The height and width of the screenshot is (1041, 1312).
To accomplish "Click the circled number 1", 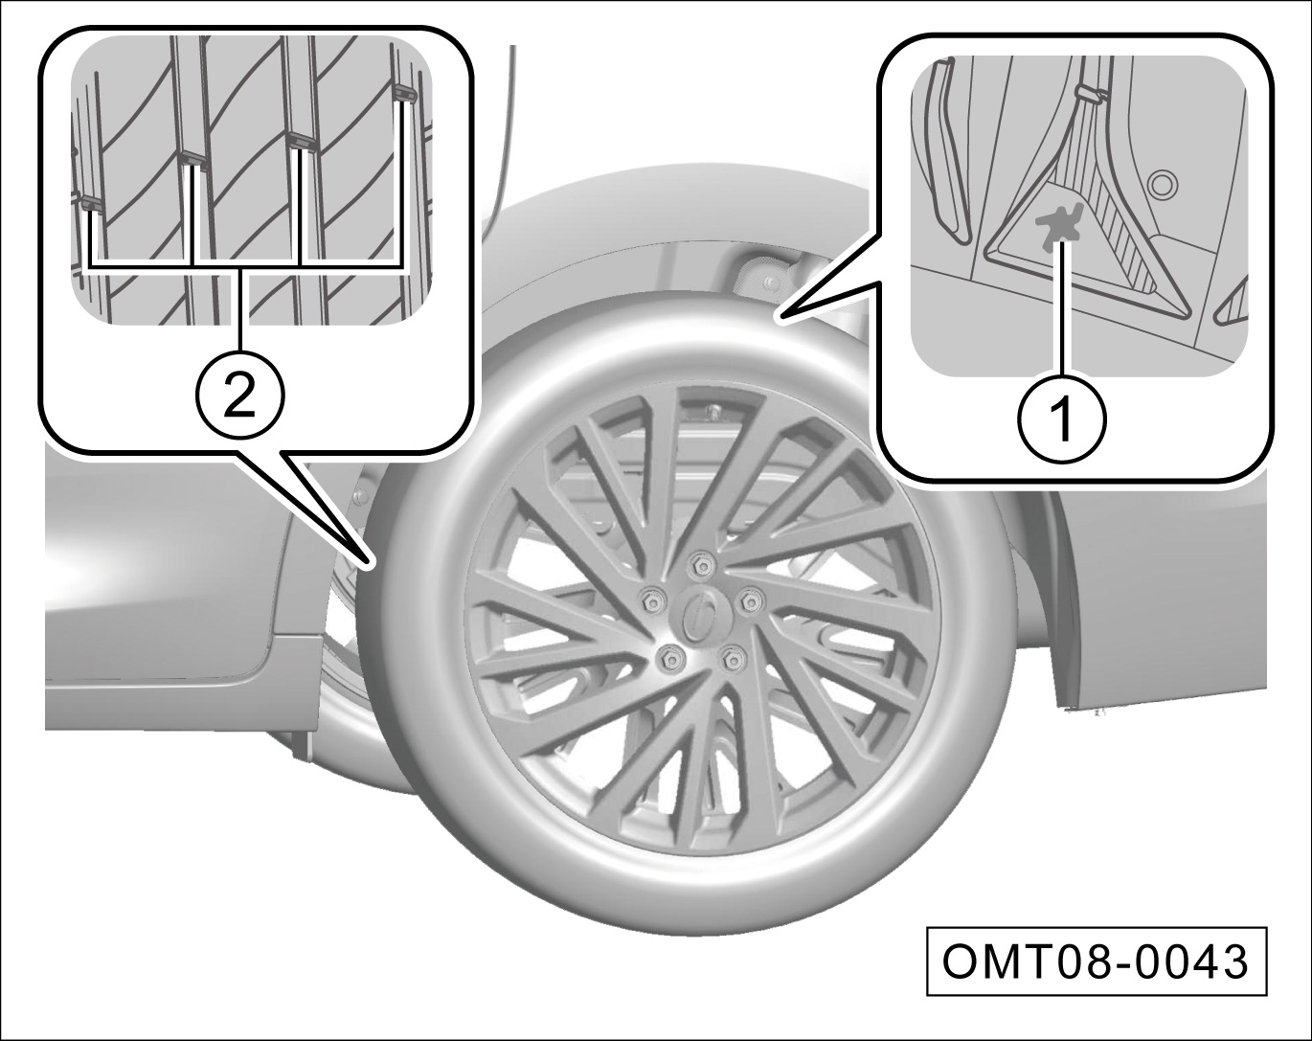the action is pos(1061,419).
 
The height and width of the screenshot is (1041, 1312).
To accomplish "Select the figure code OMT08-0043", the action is pos(1096,962).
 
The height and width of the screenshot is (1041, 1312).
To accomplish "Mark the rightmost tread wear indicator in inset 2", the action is pos(405,93).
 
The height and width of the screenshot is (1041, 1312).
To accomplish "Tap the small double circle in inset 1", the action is pos(1162,184).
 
